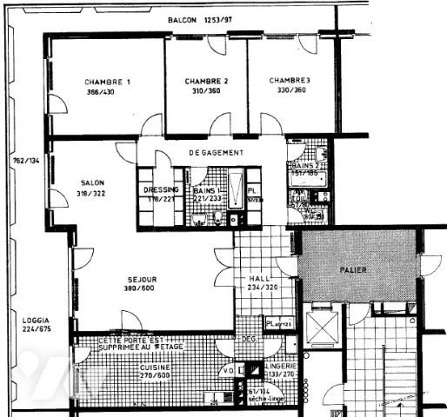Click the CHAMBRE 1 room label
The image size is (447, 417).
coord(108,82)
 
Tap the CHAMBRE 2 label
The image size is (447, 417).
coord(207,81)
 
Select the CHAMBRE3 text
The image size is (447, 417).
coord(290,80)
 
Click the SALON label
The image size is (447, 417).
coord(92,182)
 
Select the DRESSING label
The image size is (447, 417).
coord(161,189)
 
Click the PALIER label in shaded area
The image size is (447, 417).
coord(353,270)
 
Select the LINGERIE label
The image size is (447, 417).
coord(283,367)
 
